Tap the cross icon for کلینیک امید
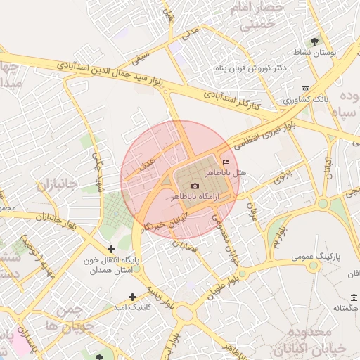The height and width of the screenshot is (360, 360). (x=131, y=297)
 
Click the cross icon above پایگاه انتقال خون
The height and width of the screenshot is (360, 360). (x=111, y=249)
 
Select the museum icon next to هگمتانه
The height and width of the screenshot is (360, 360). (x=353, y=297)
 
